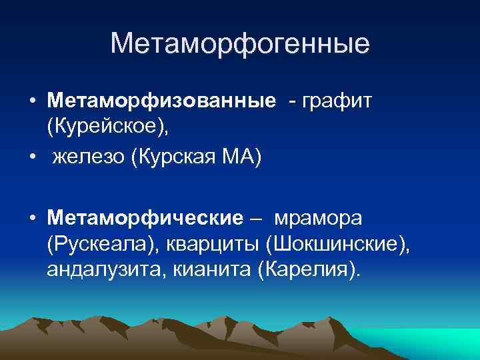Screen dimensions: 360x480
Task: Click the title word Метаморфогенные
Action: [240, 44]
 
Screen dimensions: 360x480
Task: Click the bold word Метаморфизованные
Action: [161, 101]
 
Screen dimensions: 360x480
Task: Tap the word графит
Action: [340, 101]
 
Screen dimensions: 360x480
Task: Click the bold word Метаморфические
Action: [145, 218]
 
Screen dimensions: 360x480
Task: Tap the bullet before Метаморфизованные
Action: [32, 102]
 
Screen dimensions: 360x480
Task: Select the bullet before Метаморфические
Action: [32, 219]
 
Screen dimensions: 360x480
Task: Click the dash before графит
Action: [292, 102]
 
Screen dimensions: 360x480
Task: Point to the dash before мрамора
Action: [257, 219]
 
